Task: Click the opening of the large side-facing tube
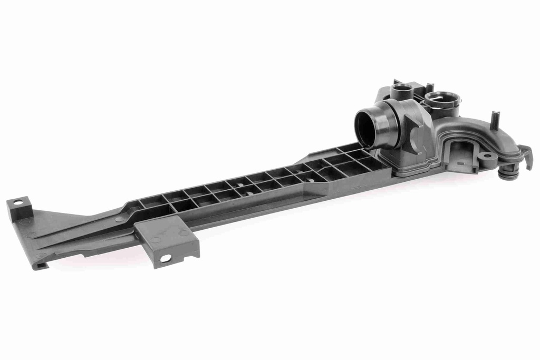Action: [x=365, y=128]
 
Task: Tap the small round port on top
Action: [x=402, y=87]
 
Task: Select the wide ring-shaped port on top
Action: [x=442, y=98]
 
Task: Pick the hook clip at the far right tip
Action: [x=527, y=157]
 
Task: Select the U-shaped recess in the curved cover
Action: [x=461, y=153]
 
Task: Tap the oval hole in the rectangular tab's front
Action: [x=166, y=258]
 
